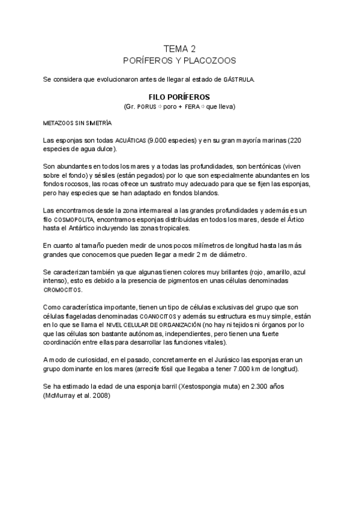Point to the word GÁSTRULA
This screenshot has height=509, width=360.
pos(239,79)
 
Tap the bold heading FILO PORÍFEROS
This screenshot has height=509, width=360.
pos(179,96)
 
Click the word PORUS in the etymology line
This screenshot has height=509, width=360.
pos(146,107)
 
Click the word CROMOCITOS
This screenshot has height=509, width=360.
pos(62,289)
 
